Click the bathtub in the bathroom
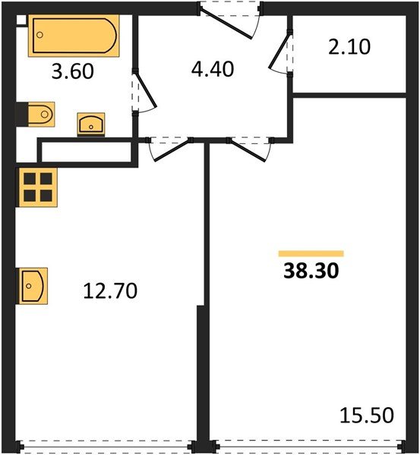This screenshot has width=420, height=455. point(74,36)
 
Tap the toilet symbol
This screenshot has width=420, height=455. point(41,115)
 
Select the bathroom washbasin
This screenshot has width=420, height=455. point(91,124)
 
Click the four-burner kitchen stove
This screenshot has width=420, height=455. point(38,187)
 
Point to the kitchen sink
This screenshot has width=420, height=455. point(33,286)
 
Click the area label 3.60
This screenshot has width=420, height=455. point(73,71)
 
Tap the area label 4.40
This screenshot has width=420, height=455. point(213,69)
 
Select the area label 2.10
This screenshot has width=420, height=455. point(349,47)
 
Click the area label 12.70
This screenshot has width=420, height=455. point(110,291)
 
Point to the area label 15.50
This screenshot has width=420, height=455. point(367,416)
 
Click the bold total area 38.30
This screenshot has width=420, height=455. point(311,271)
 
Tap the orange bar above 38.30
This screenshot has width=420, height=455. point(311,253)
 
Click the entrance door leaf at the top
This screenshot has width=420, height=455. point(226,24)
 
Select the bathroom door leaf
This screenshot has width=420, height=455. point(146,90)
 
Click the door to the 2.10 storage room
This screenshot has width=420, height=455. point(279,52)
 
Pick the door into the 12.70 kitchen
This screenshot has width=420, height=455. point(172,149)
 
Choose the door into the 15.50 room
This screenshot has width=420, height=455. point(248,150)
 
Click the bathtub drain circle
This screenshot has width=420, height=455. point(39,35)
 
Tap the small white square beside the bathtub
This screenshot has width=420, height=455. point(21,20)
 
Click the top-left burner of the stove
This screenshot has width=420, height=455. point(30,179)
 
